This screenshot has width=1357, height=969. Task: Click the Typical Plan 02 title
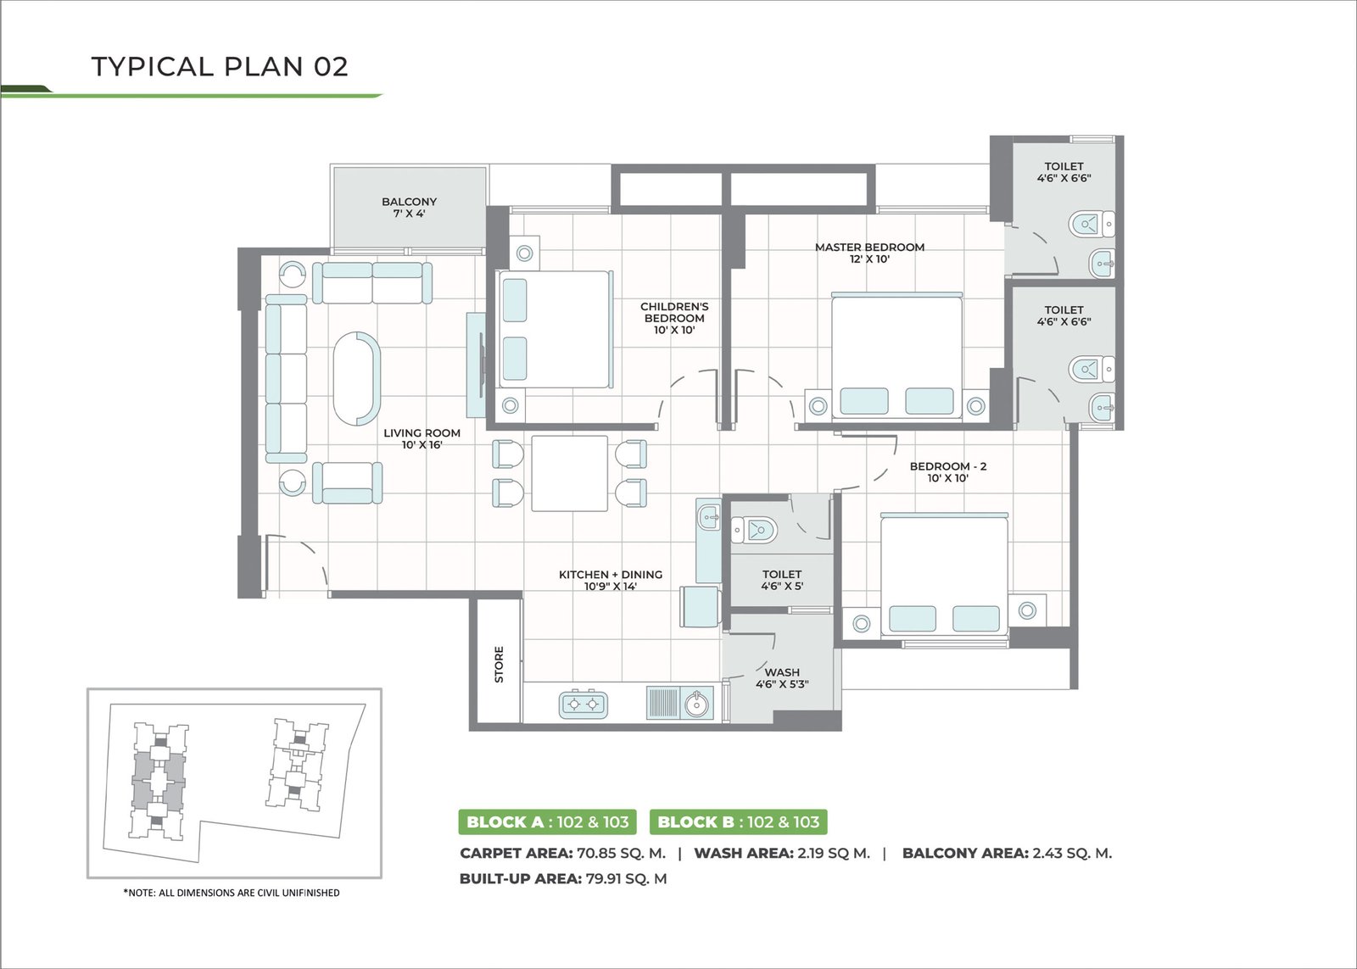point(220,67)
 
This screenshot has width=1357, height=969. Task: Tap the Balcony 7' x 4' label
point(409,207)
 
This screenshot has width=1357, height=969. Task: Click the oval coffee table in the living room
point(357,379)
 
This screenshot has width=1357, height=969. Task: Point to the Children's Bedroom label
point(674,318)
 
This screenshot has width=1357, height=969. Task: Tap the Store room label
point(500,665)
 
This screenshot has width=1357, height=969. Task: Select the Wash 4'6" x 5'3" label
point(782,677)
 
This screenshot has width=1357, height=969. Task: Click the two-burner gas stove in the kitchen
point(583,704)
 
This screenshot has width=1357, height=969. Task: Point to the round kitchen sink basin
point(696,704)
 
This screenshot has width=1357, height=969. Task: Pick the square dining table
point(569,473)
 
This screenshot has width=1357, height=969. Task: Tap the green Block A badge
point(547,821)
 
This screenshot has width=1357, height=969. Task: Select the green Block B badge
point(738,821)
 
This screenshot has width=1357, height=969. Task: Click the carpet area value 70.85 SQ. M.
point(621,854)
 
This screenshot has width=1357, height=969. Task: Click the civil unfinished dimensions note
point(232,893)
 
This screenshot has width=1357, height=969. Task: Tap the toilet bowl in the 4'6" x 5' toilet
point(754,530)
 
